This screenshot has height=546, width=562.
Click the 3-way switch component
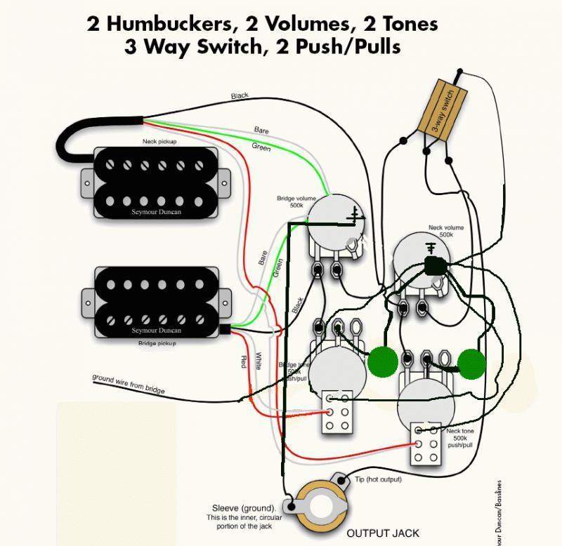click(443, 109)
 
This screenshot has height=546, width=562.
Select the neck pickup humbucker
click(154, 180)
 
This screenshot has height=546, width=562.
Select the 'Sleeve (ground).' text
click(243, 507)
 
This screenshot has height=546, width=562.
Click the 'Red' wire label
click(244, 361)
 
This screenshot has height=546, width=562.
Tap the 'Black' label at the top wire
click(240, 95)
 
